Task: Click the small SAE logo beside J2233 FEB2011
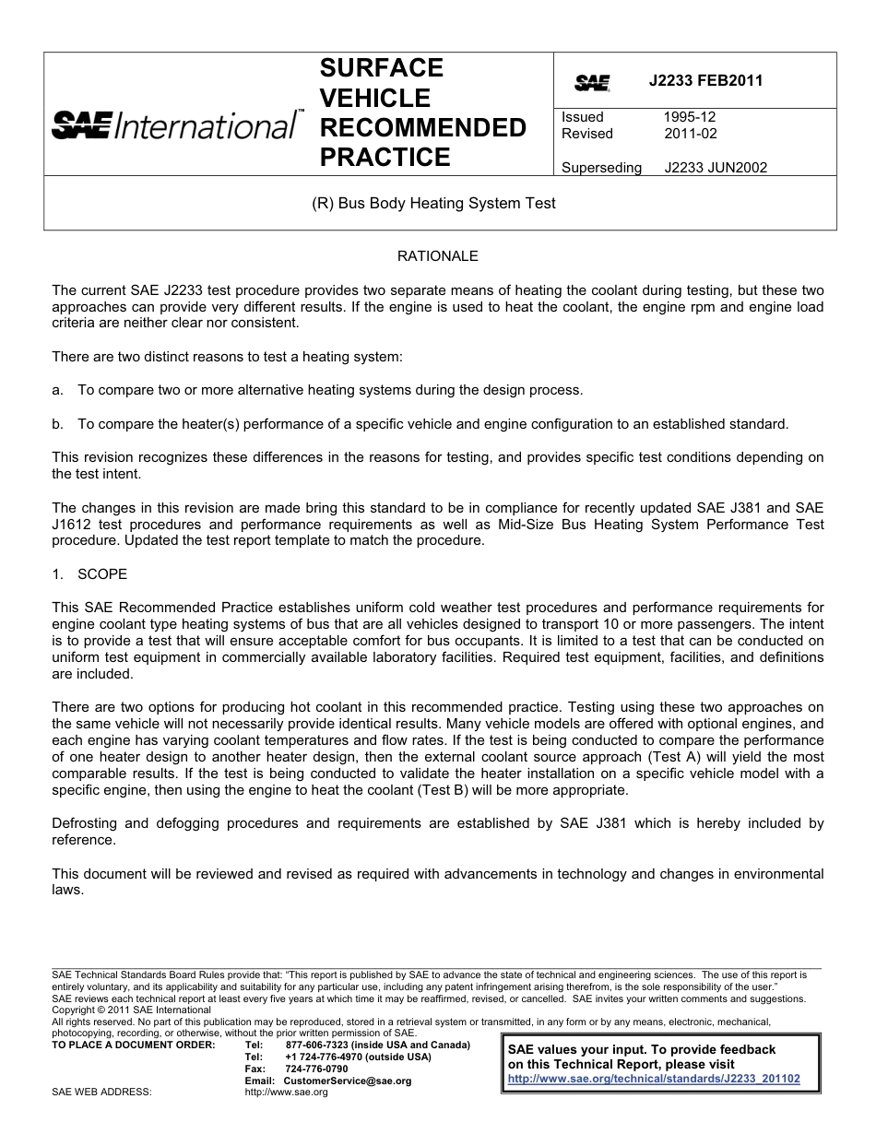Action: (x=592, y=83)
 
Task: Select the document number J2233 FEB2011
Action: (x=705, y=80)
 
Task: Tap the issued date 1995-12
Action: (x=689, y=117)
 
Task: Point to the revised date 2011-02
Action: (x=690, y=134)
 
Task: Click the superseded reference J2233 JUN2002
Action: (x=716, y=168)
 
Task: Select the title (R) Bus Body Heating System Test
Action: (x=434, y=203)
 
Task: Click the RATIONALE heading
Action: (x=437, y=255)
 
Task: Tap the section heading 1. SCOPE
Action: (x=89, y=573)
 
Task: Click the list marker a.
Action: (x=57, y=390)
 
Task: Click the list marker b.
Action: (x=57, y=424)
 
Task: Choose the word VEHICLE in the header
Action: (x=374, y=98)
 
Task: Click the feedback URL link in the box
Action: (x=654, y=1078)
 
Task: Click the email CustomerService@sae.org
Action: (x=347, y=1081)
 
